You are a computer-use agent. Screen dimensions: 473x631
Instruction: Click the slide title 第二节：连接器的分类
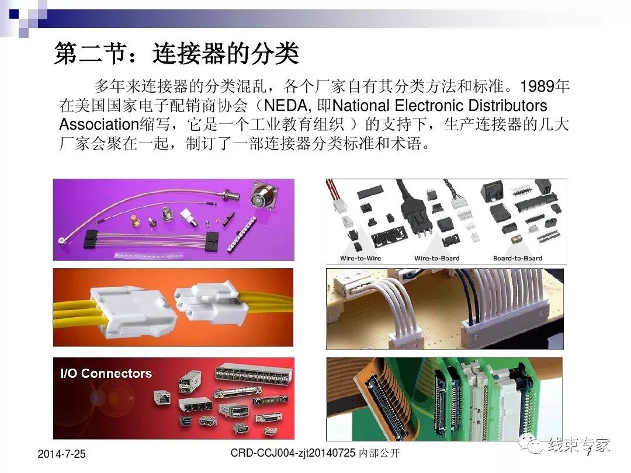176,54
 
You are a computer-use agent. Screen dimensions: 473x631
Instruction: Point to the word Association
98,124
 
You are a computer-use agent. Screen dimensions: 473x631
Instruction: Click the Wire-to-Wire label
360,258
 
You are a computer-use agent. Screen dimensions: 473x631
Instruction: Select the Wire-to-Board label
436,258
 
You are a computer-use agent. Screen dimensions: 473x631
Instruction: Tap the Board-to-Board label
517,258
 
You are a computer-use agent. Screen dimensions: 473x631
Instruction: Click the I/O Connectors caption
106,374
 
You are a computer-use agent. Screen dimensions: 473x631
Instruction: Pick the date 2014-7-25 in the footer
61,454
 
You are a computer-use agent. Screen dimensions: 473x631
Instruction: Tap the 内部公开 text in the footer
380,453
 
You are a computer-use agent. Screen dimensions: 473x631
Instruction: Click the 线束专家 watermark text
578,445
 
